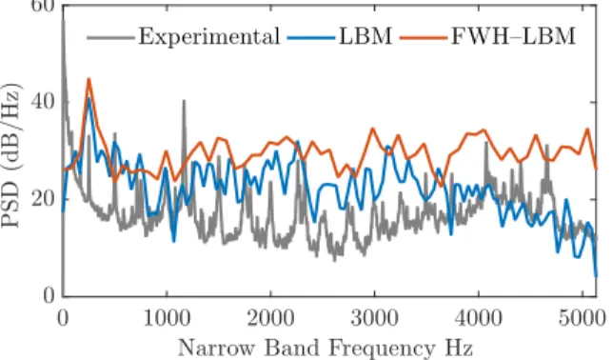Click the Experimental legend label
tap(209, 37)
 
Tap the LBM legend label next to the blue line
tap(365, 36)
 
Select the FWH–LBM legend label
tap(513, 36)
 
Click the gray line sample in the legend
tap(110, 38)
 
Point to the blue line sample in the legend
tap(311, 38)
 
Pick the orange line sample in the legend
tap(424, 38)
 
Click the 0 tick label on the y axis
tap(49, 295)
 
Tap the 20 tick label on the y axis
tap(43, 199)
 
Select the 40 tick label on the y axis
tap(43, 102)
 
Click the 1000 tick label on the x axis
tap(167, 318)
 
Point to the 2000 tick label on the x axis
tap(270, 318)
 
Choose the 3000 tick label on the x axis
tap(374, 318)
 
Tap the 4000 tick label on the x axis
tap(478, 318)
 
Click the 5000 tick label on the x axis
tap(582, 318)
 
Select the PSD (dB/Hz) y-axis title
tap(10, 155)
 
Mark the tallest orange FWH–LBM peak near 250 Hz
tap(89, 79)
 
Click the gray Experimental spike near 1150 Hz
tap(184, 101)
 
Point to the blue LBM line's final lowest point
tap(596, 275)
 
